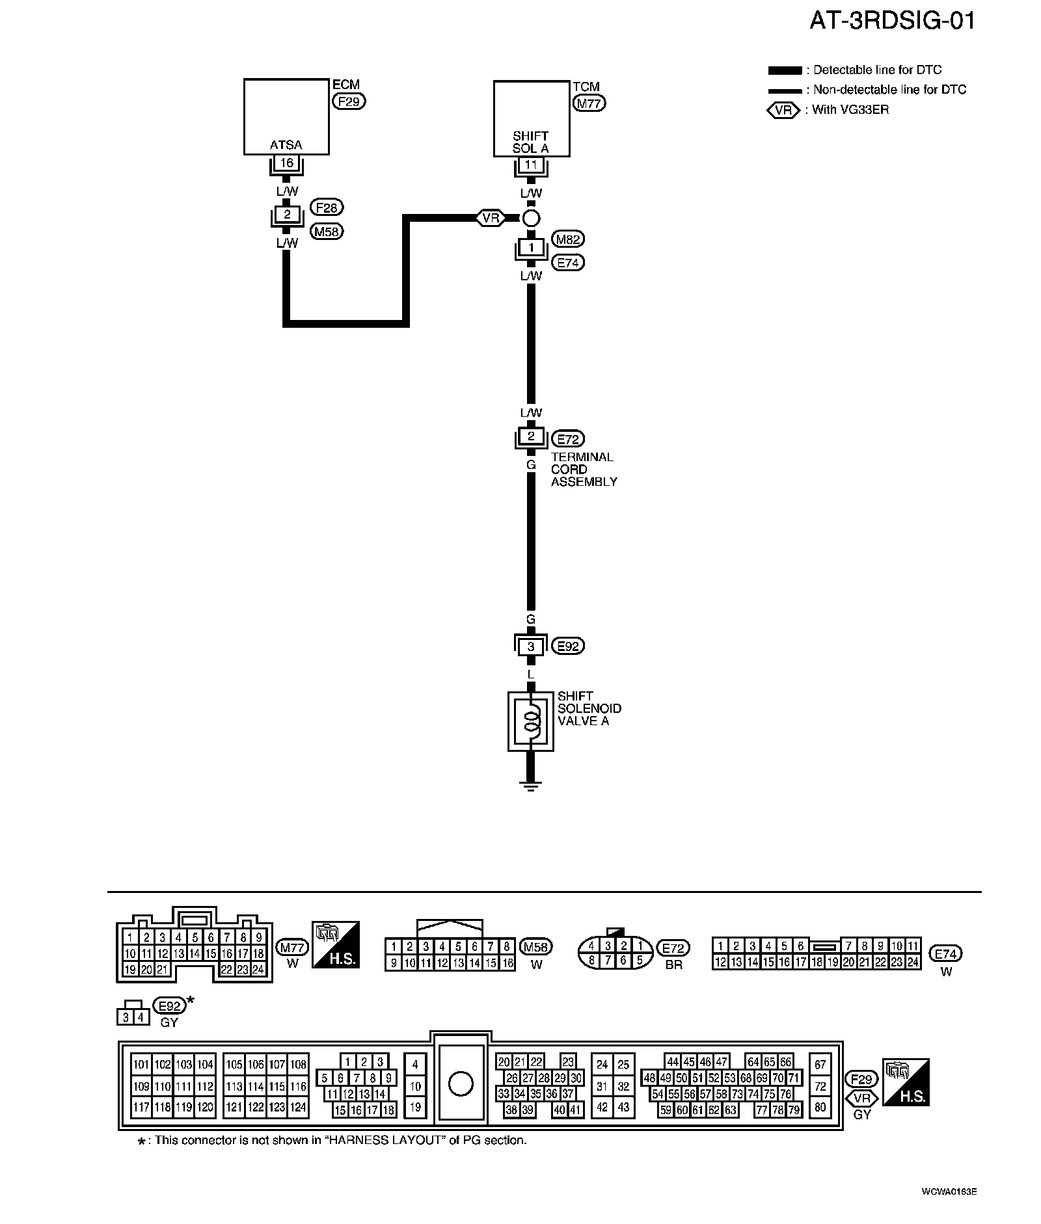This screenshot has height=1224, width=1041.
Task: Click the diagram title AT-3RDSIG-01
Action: (x=892, y=21)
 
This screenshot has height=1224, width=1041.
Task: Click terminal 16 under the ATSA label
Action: (x=286, y=163)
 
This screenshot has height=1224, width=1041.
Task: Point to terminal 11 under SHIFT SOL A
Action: (x=531, y=165)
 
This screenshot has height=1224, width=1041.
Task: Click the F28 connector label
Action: (x=327, y=207)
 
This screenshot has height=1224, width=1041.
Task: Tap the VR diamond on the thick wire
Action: (x=491, y=218)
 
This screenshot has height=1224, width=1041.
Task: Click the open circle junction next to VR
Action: (x=531, y=218)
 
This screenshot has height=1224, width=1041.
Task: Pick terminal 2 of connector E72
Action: (x=531, y=436)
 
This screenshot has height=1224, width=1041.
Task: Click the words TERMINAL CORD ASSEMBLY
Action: (x=583, y=469)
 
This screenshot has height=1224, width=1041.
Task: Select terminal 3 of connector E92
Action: (x=531, y=646)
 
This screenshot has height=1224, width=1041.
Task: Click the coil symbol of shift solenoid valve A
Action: (x=531, y=721)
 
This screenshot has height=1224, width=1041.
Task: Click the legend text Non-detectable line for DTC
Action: (x=889, y=90)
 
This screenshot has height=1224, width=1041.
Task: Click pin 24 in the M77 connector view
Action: (x=258, y=969)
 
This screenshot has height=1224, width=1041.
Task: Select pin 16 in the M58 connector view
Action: (x=507, y=964)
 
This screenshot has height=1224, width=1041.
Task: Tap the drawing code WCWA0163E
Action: (x=949, y=1192)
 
